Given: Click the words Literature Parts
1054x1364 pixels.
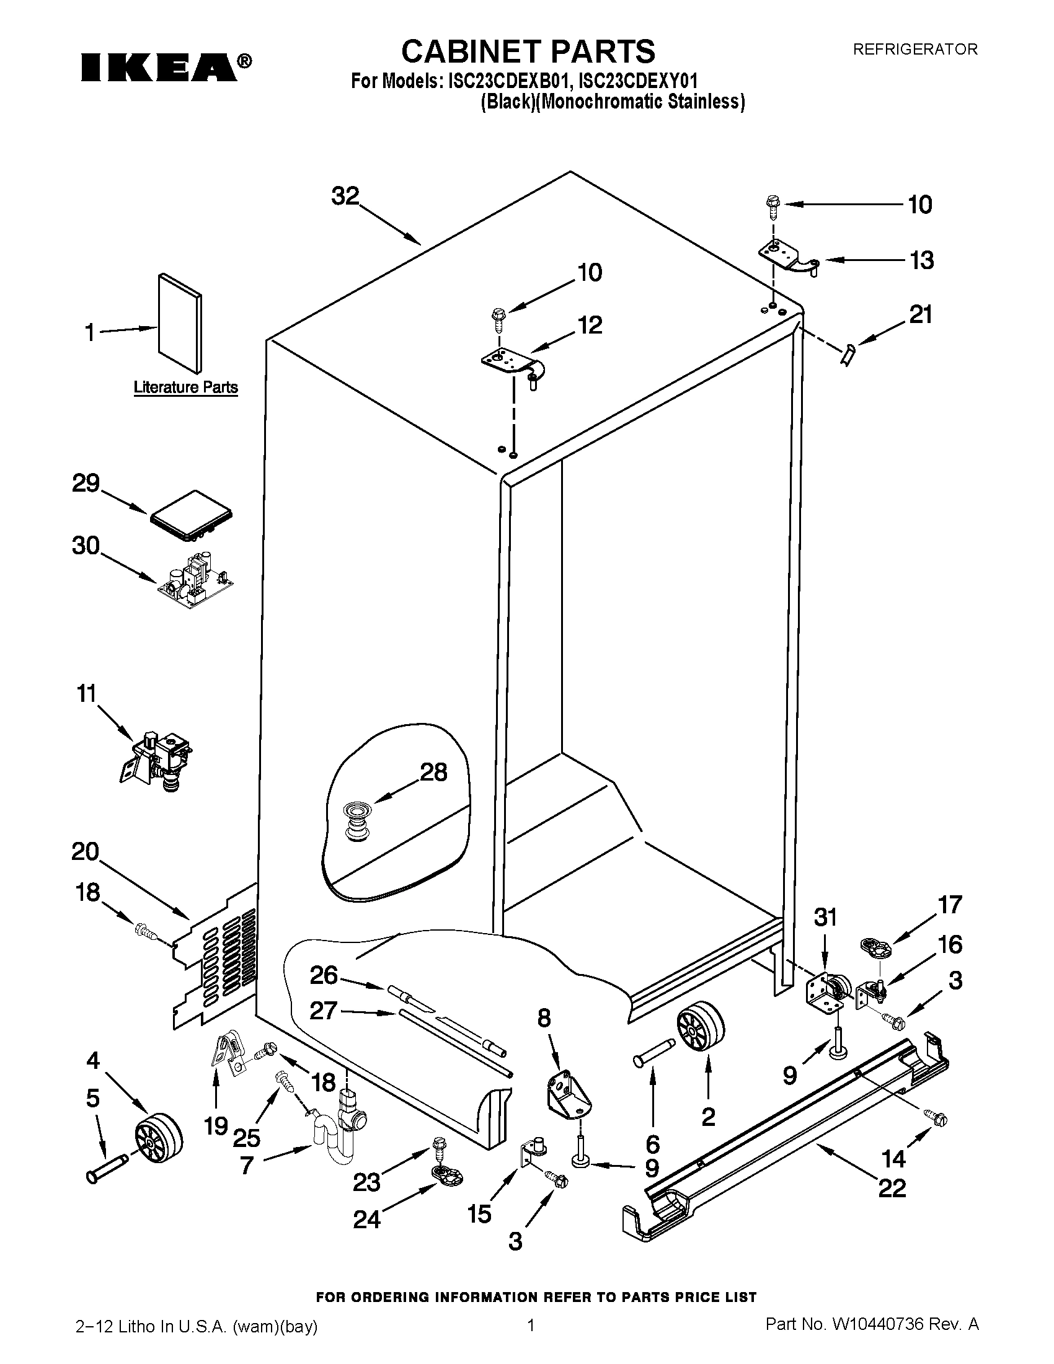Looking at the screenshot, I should point(185,387).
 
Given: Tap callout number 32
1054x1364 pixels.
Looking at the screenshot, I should point(345,196).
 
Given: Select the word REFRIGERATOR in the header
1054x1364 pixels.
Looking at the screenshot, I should point(914,49).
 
